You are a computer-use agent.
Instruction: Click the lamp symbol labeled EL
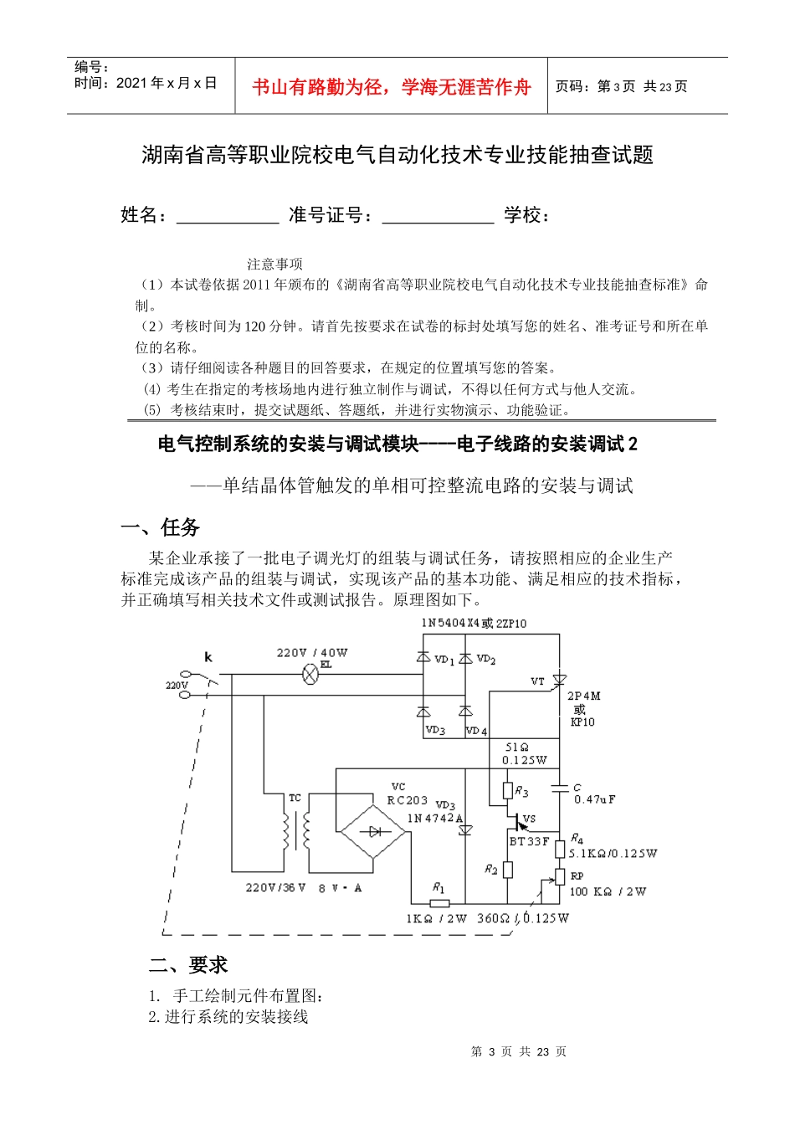pos(310,674)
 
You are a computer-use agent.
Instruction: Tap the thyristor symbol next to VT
pos(560,681)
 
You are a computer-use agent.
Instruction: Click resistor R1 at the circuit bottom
pos(439,903)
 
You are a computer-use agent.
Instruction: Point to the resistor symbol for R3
pos(508,791)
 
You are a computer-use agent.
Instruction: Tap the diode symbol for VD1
pos(424,659)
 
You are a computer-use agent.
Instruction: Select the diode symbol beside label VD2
pos(465,659)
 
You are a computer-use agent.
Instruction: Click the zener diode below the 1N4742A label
pos(465,830)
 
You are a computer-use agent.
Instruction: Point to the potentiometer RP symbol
pos(559,877)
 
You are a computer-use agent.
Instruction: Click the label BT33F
pos(530,841)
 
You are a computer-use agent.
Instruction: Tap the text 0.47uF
pos(595,800)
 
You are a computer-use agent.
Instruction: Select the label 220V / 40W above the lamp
pos(312,653)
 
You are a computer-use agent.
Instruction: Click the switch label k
pos(208,658)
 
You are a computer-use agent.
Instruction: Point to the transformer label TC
pos(295,798)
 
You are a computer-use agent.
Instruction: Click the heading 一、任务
pos(161,527)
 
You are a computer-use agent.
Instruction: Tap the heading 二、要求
pos(188,965)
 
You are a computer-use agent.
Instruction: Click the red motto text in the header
pos(392,87)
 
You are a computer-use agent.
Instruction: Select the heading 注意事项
pos(274,265)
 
